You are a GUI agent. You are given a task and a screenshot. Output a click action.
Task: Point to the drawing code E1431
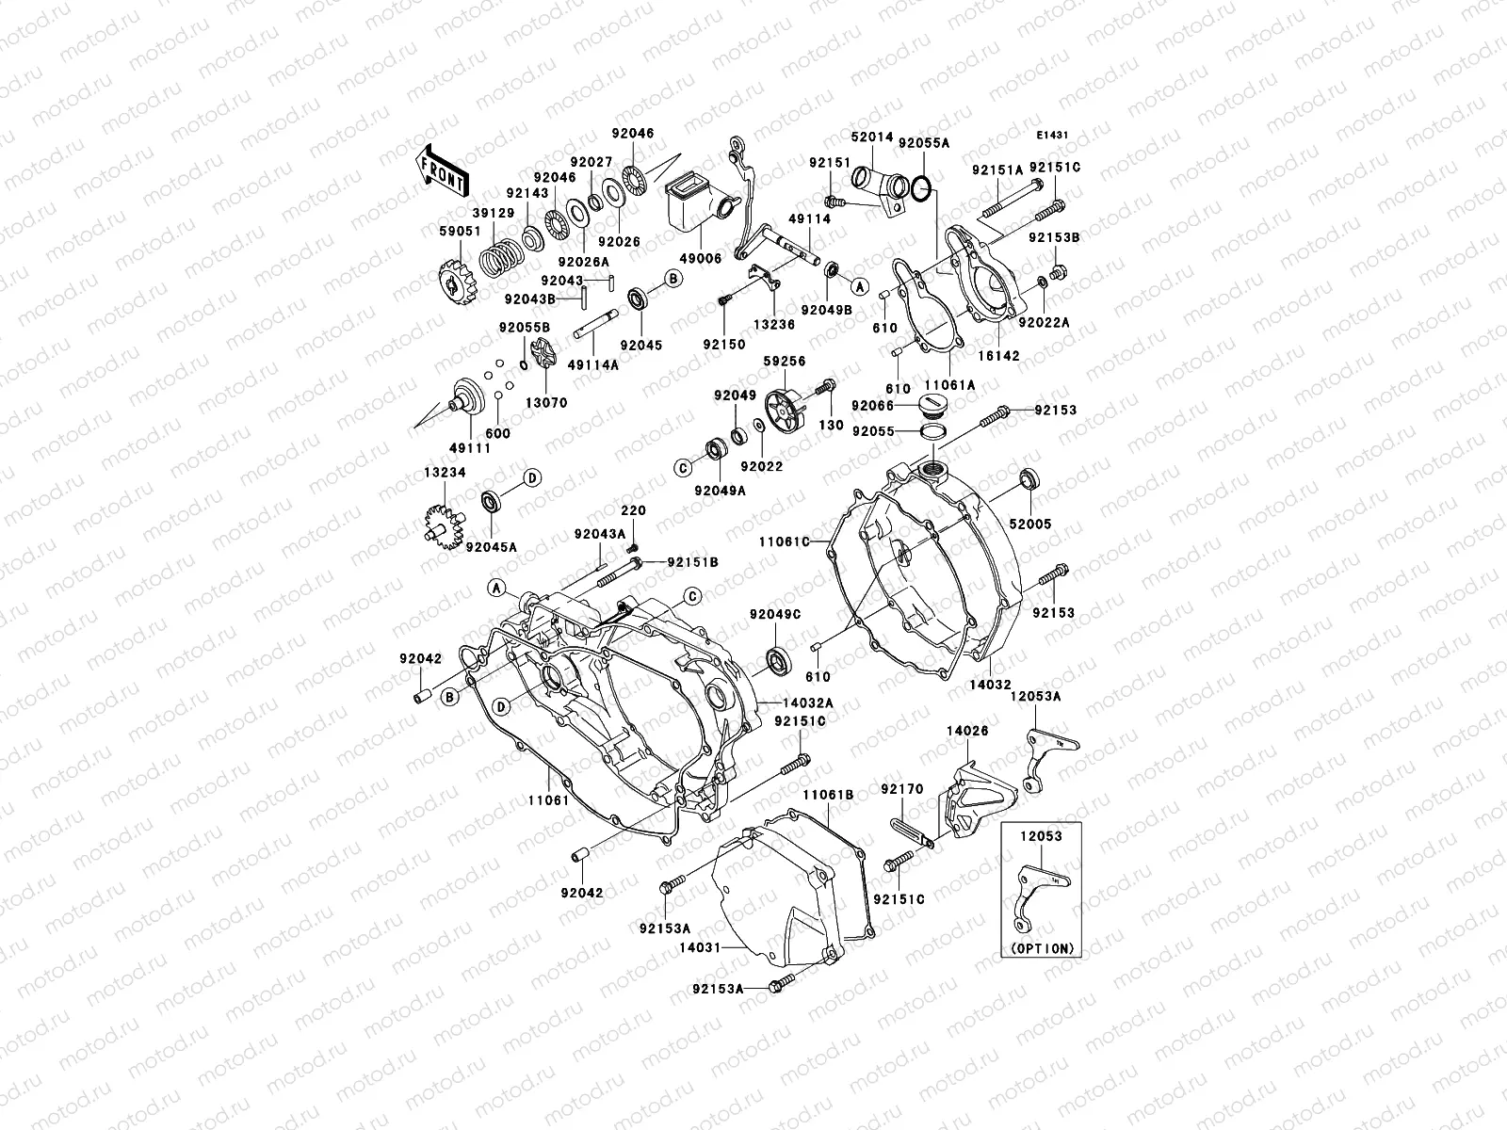point(1054,136)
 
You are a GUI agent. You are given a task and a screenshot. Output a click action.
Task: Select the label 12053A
point(1035,696)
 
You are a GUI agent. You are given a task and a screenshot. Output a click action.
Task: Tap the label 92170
point(902,789)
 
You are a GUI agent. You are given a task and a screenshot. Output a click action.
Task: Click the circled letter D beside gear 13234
point(531,478)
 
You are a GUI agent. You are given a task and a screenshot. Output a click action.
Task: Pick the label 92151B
point(692,562)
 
